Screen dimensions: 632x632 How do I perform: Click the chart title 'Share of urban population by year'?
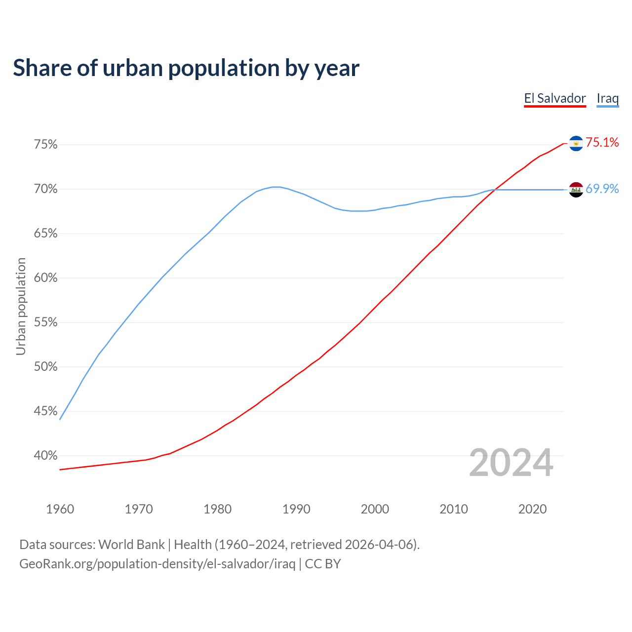pos(186,68)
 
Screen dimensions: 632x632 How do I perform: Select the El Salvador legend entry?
pos(555,98)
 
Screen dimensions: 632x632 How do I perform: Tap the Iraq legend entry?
pos(607,98)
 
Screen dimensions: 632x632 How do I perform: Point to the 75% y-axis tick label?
pos(45,145)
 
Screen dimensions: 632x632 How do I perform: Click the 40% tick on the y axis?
pos(45,456)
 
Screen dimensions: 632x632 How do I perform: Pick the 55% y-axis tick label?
pos(45,322)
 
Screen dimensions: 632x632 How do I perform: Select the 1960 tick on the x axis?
pos(60,509)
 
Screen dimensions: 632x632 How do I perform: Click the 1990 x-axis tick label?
pos(296,509)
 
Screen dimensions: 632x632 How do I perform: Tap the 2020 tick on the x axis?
pos(532,509)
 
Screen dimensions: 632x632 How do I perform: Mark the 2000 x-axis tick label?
pos(375,509)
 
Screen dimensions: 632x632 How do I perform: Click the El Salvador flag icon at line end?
pos(576,143)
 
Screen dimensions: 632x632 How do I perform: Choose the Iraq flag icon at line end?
pos(576,190)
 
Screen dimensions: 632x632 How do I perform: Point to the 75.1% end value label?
pos(602,143)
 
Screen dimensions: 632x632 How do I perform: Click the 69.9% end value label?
pos(602,189)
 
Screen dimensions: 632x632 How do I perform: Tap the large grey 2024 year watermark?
pos(511,463)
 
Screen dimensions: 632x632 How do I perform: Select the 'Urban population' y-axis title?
pos(21,306)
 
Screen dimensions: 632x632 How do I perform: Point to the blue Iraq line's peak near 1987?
pos(276,187)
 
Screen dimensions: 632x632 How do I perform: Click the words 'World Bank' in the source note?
pos(131,545)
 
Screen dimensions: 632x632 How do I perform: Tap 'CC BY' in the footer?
pos(323,564)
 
